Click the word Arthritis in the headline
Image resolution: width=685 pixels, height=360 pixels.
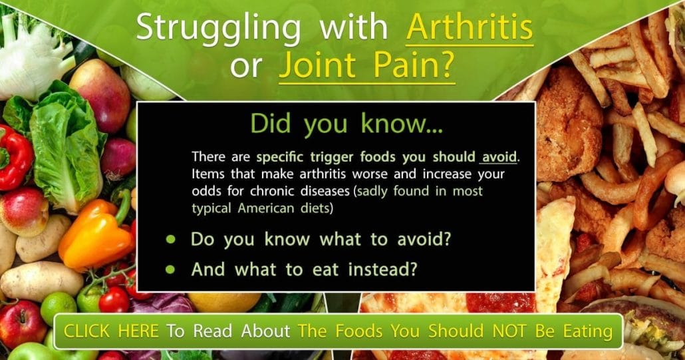470,27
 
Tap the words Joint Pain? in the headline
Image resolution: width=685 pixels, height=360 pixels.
367,66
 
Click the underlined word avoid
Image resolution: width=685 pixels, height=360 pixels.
499,157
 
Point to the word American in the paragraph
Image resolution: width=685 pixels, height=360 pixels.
267,208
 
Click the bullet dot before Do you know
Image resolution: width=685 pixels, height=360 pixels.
170,240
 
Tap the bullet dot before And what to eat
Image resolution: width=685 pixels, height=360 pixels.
170,270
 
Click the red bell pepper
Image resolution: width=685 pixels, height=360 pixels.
15,158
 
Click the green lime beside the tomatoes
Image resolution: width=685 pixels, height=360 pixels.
59,307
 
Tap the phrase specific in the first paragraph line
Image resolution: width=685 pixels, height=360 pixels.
281,158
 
